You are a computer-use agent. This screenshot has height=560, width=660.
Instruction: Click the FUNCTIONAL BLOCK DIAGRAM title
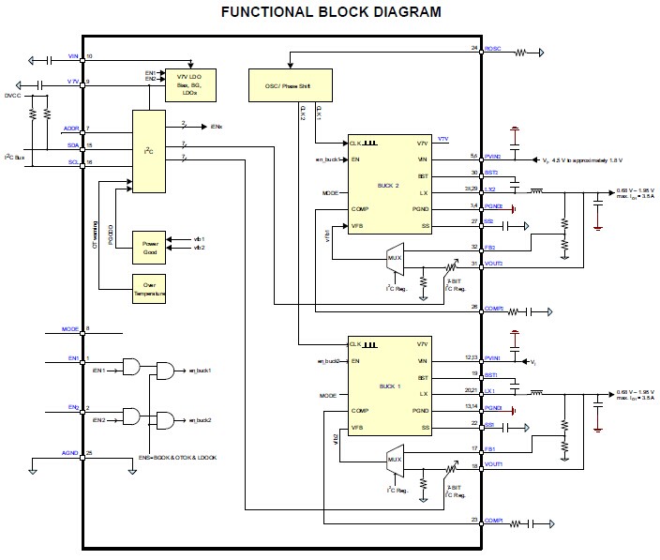click(330, 12)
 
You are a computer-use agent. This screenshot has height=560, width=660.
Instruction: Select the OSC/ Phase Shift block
click(290, 84)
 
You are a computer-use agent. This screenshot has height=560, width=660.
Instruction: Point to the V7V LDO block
click(190, 84)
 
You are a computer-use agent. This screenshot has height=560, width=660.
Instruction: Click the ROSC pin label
click(494, 48)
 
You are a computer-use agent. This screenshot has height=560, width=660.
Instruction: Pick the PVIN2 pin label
click(494, 156)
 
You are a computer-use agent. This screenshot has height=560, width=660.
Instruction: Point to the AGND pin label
click(70, 453)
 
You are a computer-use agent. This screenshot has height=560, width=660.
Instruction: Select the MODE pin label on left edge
click(70, 329)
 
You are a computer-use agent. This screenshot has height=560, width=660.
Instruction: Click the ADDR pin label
click(71, 128)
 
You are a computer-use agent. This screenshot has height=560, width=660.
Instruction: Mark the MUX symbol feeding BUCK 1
click(394, 457)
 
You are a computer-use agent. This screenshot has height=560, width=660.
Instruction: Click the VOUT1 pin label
click(494, 465)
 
